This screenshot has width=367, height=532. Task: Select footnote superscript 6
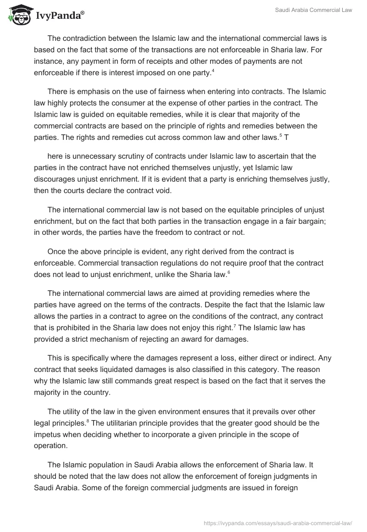point(229,272)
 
